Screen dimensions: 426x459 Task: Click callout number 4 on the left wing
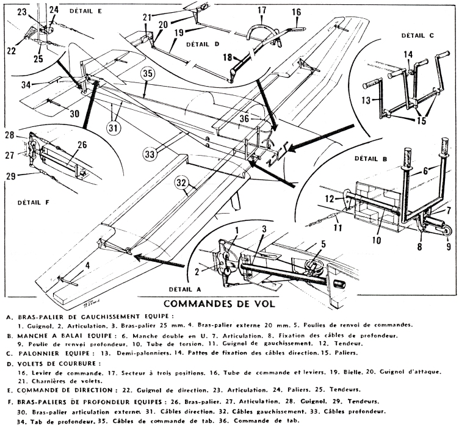70,265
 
